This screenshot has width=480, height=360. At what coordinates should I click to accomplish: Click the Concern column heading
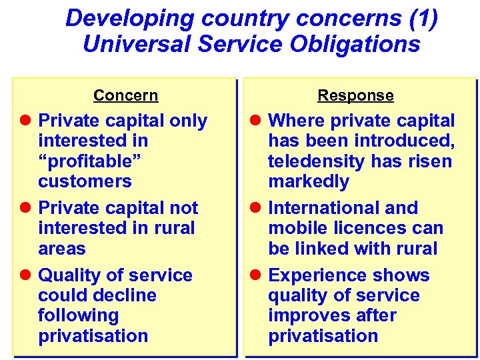coord(125,95)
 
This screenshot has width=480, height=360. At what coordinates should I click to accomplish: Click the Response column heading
coord(355,95)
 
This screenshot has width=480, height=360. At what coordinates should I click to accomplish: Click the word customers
coord(85,181)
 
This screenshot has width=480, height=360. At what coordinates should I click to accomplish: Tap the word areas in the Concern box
coord(62,249)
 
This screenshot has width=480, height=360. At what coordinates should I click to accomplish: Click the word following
coord(78,315)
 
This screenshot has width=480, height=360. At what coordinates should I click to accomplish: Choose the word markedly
coord(309,181)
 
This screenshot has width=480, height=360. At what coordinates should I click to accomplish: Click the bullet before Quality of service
coord(26,275)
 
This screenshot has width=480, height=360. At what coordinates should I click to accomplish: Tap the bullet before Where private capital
coord(256,121)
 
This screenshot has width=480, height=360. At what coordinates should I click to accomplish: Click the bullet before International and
coord(256,208)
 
